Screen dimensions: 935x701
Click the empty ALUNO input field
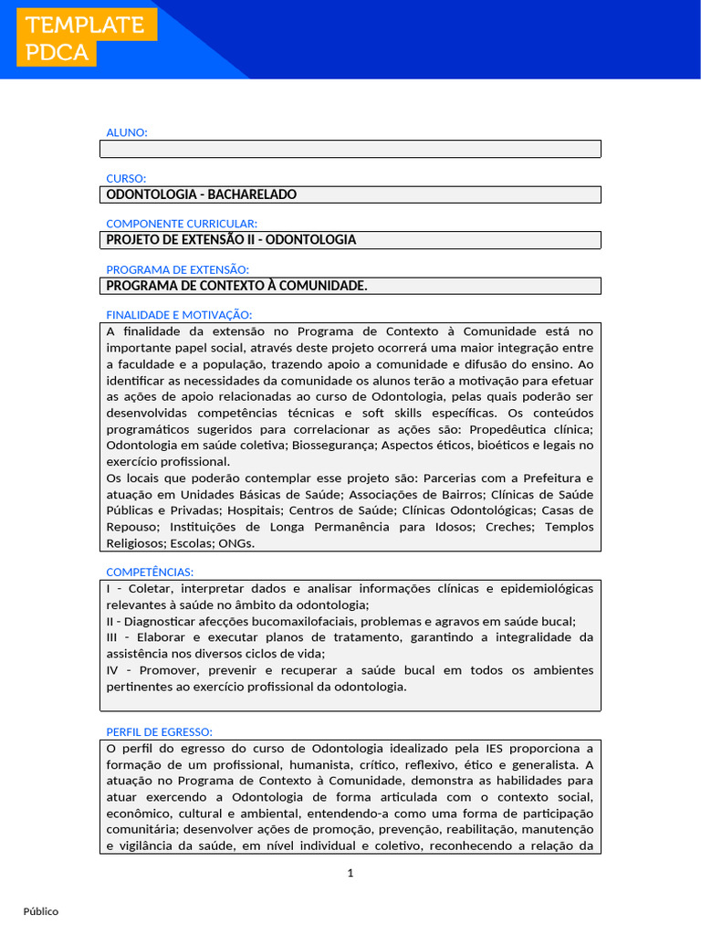[x=350, y=149]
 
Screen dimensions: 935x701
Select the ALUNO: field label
[x=126, y=132]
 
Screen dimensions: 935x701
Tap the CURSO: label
[x=126, y=178]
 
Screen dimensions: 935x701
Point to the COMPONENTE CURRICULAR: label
[x=182, y=224]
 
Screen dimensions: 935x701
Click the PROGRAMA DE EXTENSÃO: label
[x=177, y=269]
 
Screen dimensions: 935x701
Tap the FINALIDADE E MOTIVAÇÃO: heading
[x=179, y=314]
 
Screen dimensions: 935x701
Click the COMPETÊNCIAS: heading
[x=150, y=572]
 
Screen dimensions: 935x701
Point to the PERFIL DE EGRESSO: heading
[x=160, y=732]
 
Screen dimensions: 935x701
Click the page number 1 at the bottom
[x=350, y=873]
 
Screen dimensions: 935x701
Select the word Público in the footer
[x=41, y=911]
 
